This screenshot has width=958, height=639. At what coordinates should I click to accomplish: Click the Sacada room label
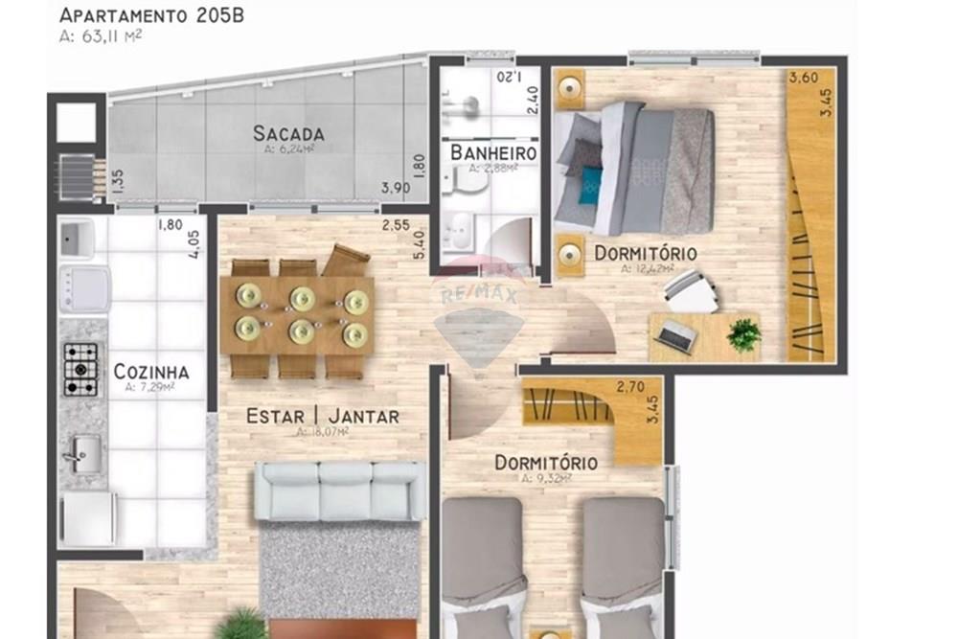tap(288, 134)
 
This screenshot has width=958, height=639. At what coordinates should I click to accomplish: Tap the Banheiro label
tap(492, 153)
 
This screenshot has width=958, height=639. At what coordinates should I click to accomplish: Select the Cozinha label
tap(150, 372)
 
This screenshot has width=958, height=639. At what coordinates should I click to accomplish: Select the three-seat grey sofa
tap(339, 491)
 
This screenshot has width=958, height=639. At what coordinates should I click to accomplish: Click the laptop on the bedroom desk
tap(678, 333)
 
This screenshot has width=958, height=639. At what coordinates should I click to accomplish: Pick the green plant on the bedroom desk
tap(743, 334)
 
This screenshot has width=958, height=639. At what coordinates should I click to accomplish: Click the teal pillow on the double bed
tap(594, 179)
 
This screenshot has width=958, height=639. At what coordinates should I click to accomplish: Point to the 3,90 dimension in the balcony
tap(396, 189)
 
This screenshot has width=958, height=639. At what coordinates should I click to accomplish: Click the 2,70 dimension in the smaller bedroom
tap(629, 388)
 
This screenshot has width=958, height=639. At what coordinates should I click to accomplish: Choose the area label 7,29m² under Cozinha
tap(149, 388)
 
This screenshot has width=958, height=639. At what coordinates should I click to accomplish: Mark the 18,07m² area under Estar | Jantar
tap(322, 432)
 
